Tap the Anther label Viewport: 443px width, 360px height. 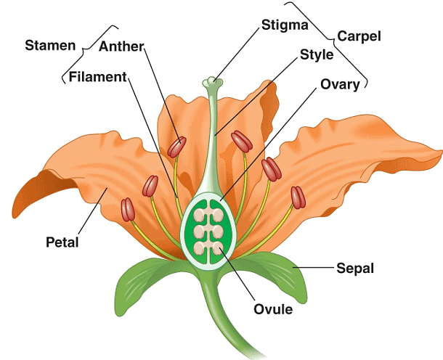click(121, 47)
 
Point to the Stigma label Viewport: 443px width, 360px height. click(284, 25)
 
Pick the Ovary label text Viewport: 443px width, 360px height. click(340, 85)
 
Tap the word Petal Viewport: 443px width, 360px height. click(62, 240)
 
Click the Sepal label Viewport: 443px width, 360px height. click(354, 268)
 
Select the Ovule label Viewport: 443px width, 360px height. click(272, 310)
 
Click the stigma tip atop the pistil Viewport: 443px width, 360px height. click(211, 82)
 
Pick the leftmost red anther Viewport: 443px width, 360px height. click(129, 210)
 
